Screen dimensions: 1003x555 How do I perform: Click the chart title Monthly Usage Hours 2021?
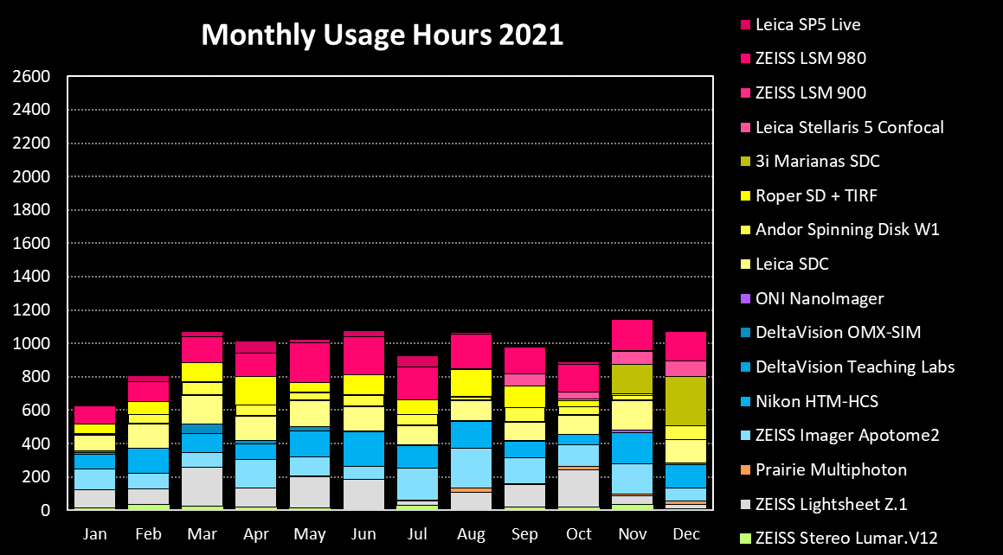click(382, 35)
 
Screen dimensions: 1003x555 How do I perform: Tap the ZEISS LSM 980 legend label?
click(811, 58)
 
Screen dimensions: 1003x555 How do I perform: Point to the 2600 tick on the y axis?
click(31, 77)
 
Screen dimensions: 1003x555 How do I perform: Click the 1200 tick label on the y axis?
click(31, 309)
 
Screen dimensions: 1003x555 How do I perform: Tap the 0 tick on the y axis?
click(45, 510)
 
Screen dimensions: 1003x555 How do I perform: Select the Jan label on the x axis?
click(94, 534)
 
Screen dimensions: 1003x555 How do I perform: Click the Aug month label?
click(471, 534)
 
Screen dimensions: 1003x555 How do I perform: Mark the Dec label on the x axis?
click(686, 534)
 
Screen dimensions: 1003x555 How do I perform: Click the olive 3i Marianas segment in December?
click(685, 401)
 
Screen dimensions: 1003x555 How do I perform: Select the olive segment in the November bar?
click(632, 380)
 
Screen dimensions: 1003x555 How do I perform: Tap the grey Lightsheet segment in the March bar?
click(203, 487)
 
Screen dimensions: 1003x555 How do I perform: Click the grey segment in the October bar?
click(578, 488)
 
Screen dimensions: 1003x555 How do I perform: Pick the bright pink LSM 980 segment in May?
click(310, 363)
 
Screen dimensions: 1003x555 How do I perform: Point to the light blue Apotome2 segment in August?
click(471, 469)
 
